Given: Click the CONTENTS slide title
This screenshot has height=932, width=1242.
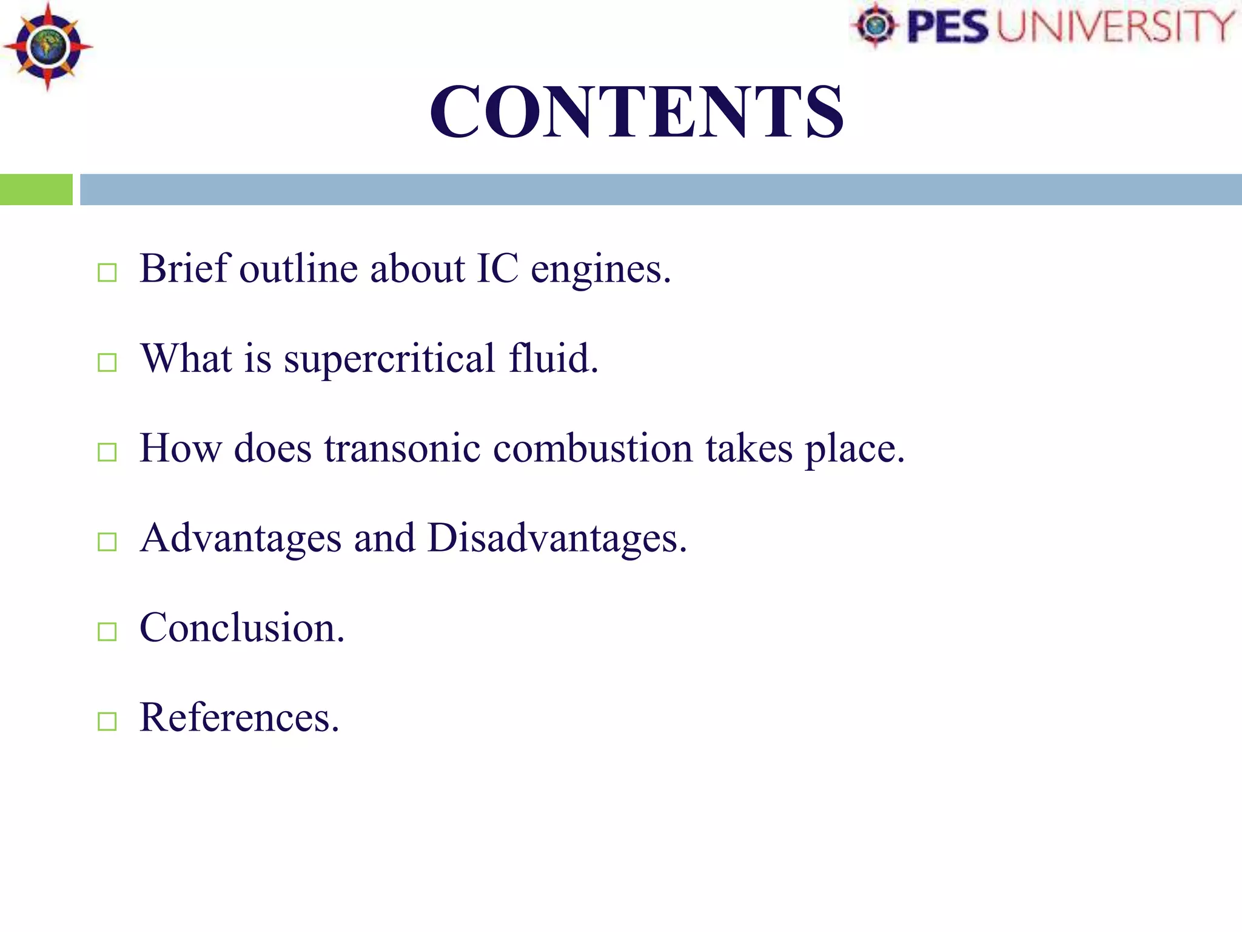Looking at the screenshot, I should (x=636, y=112).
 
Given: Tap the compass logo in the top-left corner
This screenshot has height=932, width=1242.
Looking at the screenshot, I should (x=47, y=47).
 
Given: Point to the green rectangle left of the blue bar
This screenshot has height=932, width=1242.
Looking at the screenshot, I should (x=36, y=189).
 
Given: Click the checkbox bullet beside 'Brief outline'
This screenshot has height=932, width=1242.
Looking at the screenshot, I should (x=107, y=272).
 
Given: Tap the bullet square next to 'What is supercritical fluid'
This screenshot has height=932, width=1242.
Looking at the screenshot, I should (x=107, y=362).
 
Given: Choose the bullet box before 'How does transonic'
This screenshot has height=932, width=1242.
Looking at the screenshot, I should (x=107, y=452).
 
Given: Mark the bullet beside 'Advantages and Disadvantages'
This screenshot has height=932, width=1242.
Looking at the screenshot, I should (x=107, y=542).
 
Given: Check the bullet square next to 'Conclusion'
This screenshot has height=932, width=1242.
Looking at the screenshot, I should (x=107, y=632).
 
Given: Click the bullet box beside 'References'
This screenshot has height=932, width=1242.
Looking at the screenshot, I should (x=107, y=721).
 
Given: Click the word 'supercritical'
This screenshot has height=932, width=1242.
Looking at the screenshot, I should (x=389, y=360).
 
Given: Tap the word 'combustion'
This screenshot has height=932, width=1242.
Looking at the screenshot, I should (x=592, y=449).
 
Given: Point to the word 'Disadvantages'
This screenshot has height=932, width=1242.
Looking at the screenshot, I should (x=556, y=539).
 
